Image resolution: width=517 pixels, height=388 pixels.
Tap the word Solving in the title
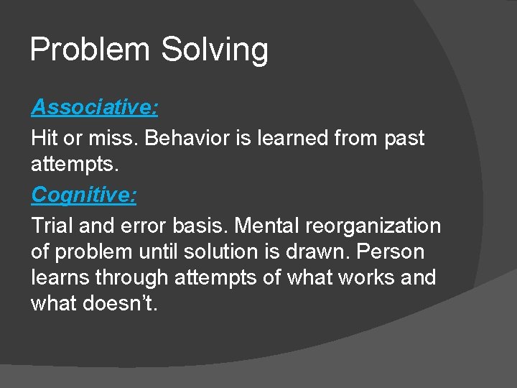215,50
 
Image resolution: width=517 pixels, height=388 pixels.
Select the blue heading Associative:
95,108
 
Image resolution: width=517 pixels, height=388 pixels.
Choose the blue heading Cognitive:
85,194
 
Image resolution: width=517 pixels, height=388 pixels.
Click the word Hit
43,137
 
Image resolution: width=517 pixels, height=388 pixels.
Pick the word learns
60,278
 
